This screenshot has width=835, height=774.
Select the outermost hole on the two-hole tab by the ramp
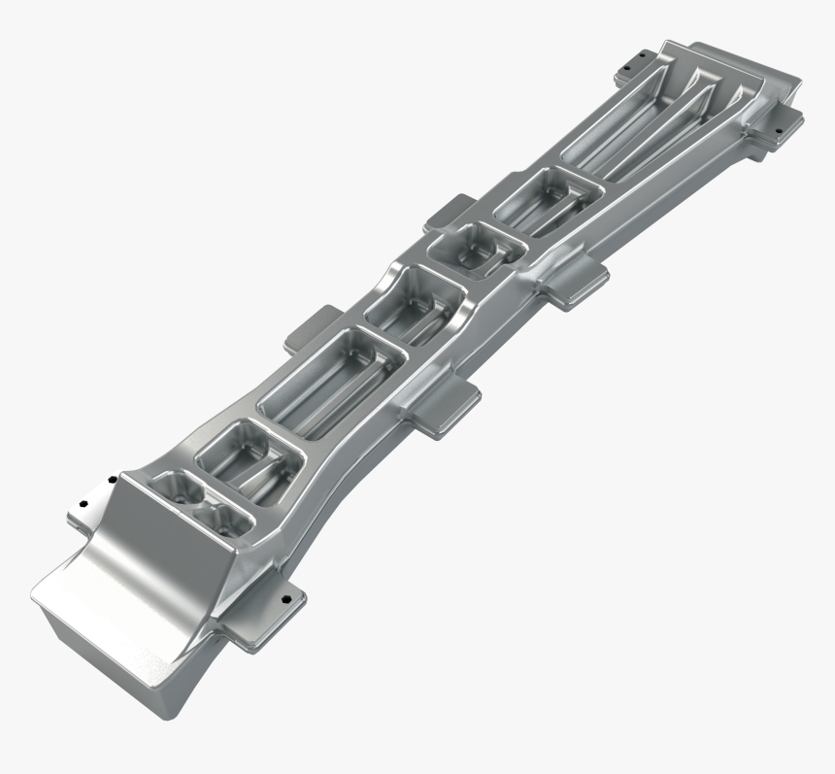coord(83,505)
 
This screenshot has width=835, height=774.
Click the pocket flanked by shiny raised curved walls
coord(413,307)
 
